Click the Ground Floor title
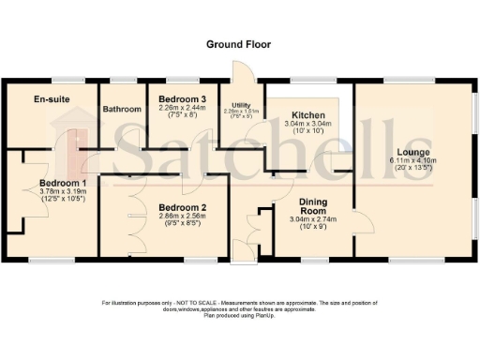point(239,44)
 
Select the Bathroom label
point(122,109)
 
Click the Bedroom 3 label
point(182,99)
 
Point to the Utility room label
point(240,105)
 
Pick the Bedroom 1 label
point(63,183)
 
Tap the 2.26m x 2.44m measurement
point(182,109)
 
